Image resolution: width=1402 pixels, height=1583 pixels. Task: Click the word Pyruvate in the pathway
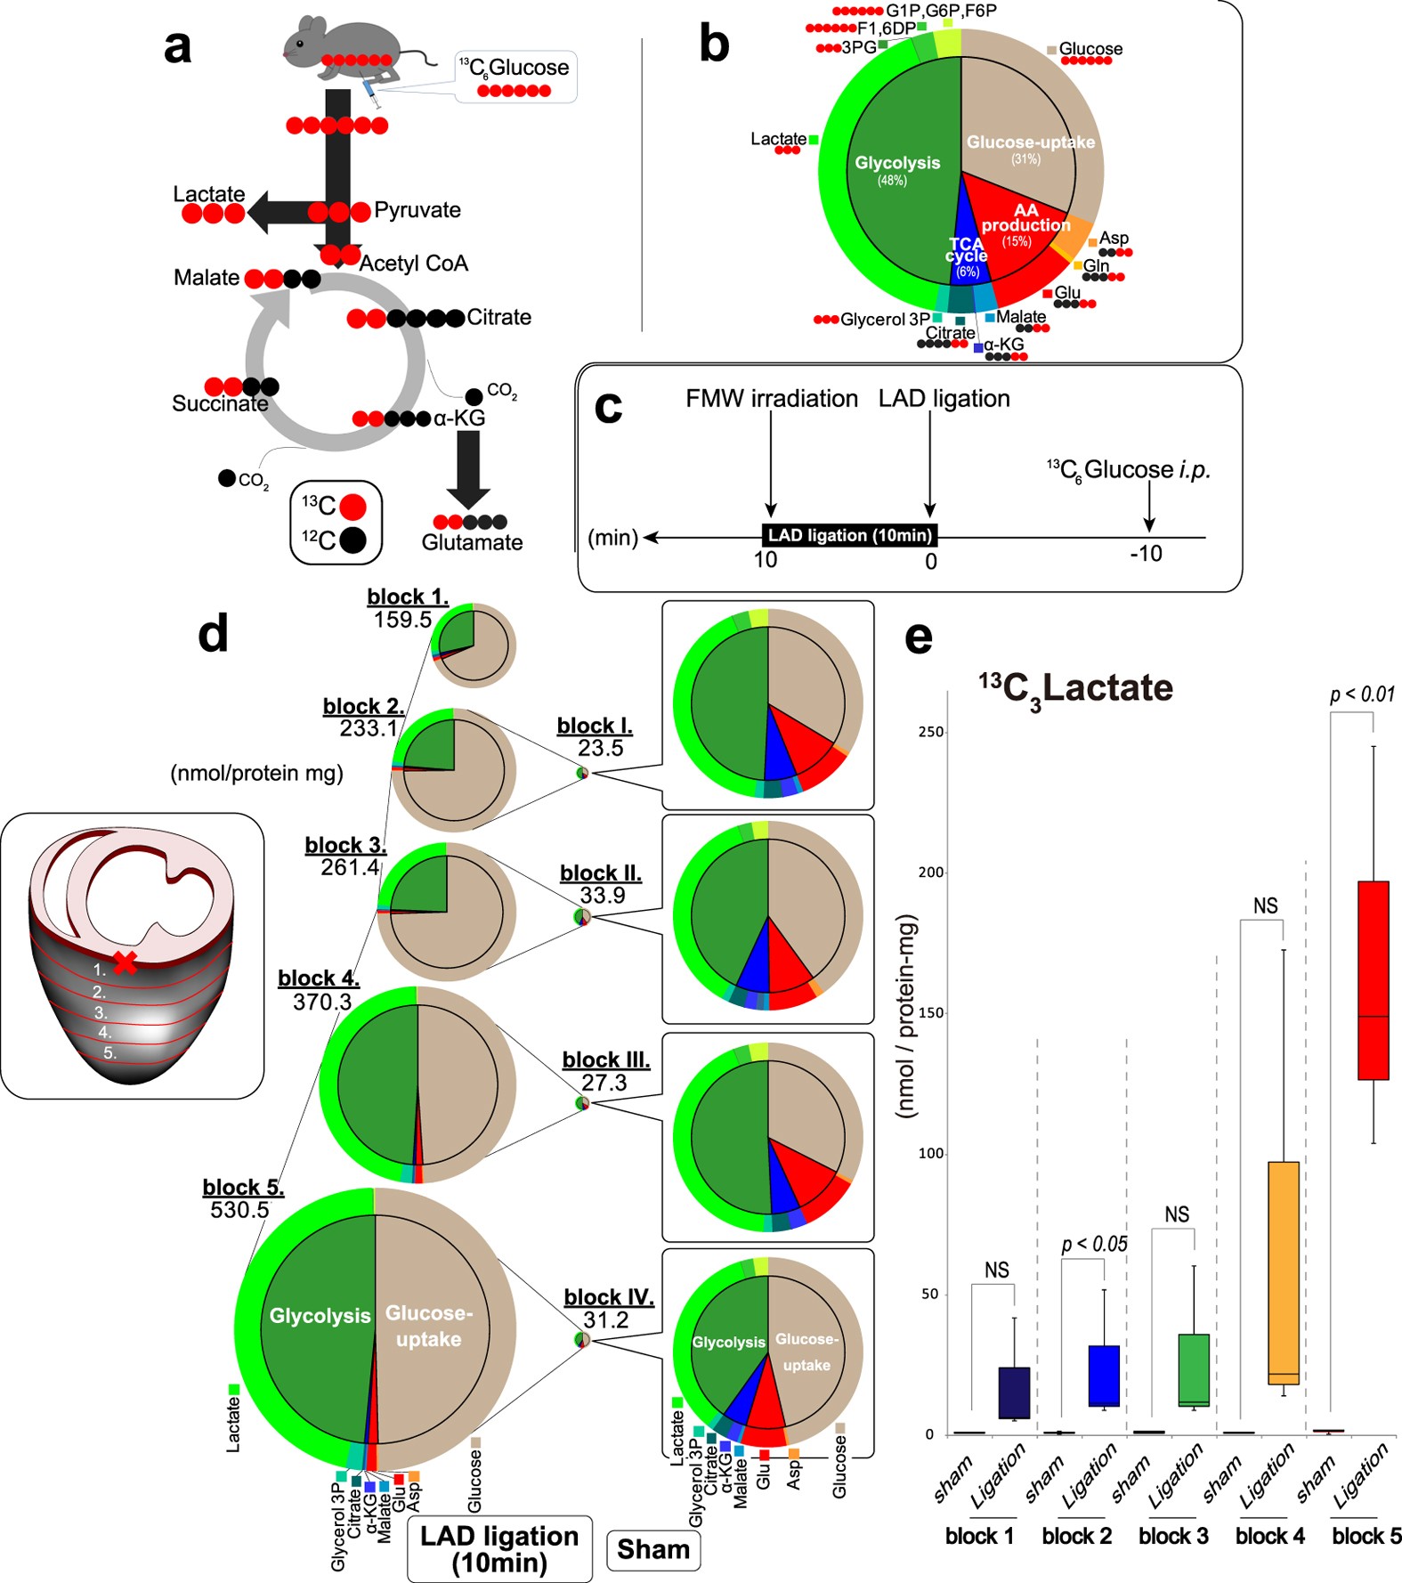tap(417, 210)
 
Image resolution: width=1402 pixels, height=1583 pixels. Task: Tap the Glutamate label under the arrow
tap(472, 542)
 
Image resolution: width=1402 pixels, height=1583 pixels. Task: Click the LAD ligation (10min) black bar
tap(850, 535)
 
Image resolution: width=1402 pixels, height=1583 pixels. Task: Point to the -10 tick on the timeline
tap(1147, 554)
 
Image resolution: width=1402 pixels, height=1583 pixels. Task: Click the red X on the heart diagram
tap(125, 962)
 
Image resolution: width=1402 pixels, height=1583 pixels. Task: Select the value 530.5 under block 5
tap(239, 1210)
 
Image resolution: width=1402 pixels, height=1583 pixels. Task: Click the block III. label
tap(606, 1059)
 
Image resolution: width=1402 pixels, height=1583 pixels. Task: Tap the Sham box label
tap(653, 1549)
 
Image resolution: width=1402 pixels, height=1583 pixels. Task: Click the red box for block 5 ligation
tap(1374, 979)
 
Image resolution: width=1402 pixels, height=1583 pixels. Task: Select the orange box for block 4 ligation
tap(1284, 1273)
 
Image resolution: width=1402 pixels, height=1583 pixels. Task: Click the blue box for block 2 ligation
tap(1104, 1376)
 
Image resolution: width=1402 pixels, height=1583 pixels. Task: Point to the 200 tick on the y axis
tap(931, 873)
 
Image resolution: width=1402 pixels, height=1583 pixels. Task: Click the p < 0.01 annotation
tap(1362, 694)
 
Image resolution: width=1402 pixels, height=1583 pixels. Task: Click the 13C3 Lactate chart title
tap(1076, 689)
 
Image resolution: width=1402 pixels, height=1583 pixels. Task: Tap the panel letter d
tap(214, 634)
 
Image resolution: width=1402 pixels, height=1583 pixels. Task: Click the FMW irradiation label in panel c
tap(772, 398)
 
